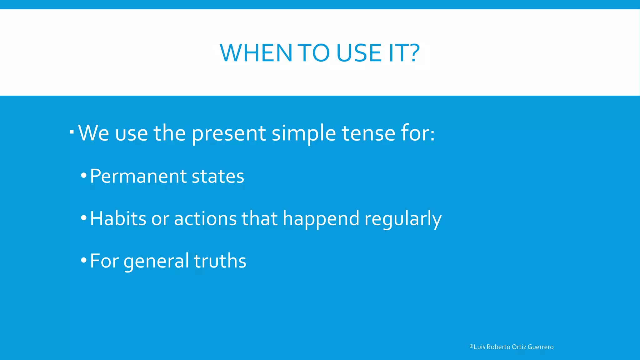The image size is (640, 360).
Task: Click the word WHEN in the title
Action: (x=256, y=53)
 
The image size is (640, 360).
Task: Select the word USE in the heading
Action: (x=359, y=53)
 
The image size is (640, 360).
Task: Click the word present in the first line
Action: (x=228, y=134)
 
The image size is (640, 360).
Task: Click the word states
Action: (x=218, y=177)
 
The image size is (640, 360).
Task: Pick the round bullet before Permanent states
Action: (x=83, y=176)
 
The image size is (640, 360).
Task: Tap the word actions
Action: (x=205, y=218)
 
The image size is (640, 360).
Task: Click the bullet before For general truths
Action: (x=83, y=260)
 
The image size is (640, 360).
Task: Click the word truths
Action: (x=220, y=261)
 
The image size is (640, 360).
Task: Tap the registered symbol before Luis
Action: (x=471, y=346)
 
